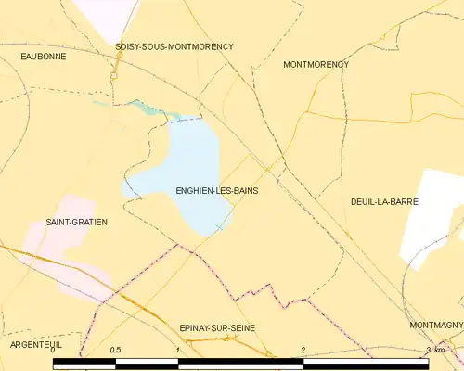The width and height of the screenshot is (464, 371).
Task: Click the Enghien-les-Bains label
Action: pos(216,190)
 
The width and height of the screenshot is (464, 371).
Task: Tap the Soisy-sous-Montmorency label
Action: pos(174,46)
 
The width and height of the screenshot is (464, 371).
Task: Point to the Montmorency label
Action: pos(316,65)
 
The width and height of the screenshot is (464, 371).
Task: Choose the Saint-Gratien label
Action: pos(77,223)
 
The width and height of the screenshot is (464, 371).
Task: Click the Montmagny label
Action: pos(436,326)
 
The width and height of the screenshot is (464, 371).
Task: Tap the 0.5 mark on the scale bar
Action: pos(115,350)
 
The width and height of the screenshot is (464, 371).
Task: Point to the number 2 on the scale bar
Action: pos(303,350)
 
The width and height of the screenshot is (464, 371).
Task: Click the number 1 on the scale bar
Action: pos(177,350)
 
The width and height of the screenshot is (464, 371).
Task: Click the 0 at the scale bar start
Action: pos(53,350)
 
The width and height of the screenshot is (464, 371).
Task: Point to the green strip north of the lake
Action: pos(148,109)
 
